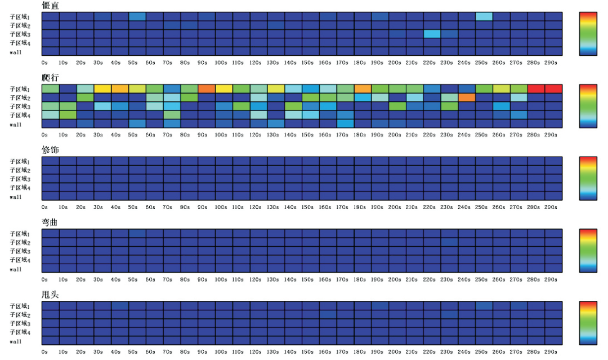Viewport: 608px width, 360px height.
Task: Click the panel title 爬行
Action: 50,78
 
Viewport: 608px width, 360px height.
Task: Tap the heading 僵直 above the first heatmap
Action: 50,6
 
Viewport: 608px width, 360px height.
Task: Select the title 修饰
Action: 50,150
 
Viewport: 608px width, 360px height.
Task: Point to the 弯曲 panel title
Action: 50,222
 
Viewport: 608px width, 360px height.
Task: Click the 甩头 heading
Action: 50,294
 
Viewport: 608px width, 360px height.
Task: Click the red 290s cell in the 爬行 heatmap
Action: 553,89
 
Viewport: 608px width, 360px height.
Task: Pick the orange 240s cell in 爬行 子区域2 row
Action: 467,97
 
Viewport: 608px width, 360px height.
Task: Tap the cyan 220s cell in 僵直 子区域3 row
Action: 432,34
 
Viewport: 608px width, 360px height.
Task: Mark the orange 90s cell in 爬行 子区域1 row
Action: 206,89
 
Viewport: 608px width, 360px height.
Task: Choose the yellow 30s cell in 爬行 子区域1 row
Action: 102,89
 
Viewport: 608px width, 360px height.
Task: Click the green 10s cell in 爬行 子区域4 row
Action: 68,115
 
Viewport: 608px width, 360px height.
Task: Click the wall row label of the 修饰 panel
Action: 16,197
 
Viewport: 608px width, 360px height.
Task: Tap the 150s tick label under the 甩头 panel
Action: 307,351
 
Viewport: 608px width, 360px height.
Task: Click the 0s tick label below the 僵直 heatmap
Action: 44,63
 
